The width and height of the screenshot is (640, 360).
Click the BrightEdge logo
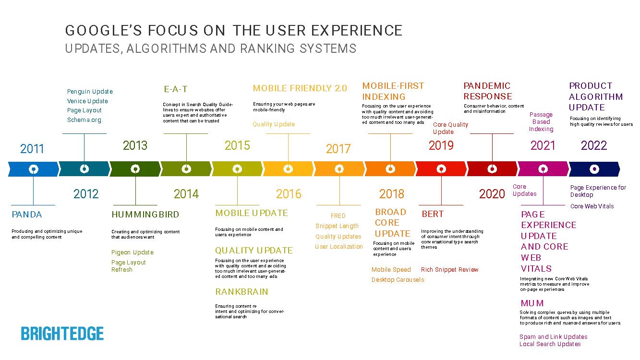[63, 332]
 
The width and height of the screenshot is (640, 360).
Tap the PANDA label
[27, 215]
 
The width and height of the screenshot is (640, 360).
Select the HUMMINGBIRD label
[145, 215]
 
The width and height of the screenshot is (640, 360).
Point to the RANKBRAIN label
[242, 292]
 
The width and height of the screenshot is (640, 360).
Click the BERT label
[432, 215]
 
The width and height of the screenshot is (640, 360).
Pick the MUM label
[532, 303]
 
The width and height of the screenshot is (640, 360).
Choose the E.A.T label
[175, 88]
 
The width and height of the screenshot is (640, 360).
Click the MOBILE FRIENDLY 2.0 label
[301, 88]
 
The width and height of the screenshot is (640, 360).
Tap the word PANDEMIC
[486, 86]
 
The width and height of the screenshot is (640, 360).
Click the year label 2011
[32, 148]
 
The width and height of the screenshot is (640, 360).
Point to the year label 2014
[186, 194]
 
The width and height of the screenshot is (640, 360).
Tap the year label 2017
[338, 148]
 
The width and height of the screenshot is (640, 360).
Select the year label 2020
[492, 194]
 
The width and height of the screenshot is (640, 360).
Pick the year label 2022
[593, 145]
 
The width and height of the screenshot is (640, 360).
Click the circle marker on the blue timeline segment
[33, 169]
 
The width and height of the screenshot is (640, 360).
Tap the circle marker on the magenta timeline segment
[543, 169]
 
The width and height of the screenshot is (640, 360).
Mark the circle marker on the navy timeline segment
[594, 169]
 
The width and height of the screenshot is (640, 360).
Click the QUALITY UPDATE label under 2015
[255, 250]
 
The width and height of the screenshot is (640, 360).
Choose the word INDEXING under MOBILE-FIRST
[384, 96]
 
